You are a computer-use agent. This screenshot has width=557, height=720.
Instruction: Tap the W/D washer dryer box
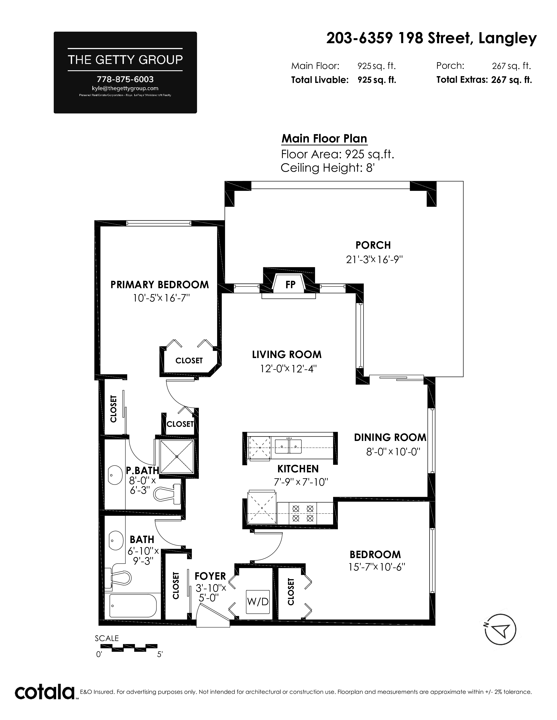[258, 602]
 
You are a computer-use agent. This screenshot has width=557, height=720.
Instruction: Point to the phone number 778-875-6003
[125, 79]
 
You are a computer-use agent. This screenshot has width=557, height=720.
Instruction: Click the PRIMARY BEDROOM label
[160, 285]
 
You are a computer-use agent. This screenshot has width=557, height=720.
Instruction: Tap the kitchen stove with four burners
[303, 513]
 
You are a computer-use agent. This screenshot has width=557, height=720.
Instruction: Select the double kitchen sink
[289, 446]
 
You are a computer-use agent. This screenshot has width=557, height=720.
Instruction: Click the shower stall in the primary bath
[177, 457]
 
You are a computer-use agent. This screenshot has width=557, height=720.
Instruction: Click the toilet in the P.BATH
[168, 494]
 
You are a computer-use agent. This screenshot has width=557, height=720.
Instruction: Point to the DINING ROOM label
[390, 437]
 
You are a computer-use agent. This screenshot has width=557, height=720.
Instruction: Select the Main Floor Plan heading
[324, 139]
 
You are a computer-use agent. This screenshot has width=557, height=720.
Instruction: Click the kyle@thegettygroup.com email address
[125, 88]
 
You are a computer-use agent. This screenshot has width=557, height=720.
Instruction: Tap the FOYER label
[210, 576]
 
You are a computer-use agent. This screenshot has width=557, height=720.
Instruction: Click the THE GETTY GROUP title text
[125, 60]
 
